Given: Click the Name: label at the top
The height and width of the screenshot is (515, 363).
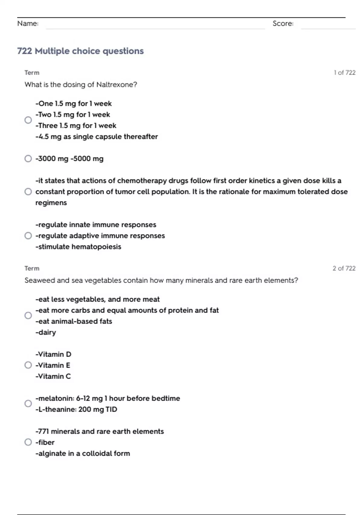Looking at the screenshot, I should tap(28, 24).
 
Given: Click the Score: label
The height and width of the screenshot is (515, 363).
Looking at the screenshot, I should tap(283, 24).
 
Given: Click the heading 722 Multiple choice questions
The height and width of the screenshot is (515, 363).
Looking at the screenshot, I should tap(80, 51).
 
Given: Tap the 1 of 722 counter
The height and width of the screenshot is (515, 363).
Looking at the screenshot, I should tap(345, 73).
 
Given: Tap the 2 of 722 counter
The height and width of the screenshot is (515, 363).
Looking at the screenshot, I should tap(344, 268).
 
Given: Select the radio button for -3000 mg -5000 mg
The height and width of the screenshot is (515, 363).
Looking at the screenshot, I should tap(28, 159).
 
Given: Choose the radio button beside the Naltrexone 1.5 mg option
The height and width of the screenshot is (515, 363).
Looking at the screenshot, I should tap(28, 120).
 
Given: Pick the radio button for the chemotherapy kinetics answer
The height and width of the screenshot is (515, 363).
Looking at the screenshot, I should tap(28, 192).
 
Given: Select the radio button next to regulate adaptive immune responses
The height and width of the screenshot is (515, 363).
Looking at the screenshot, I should tap(28, 236).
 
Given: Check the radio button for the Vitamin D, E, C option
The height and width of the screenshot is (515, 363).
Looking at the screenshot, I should tap(28, 365).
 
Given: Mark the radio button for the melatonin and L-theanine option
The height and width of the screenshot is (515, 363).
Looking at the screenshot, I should tap(28, 404).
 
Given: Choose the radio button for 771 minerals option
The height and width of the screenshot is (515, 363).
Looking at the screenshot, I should tap(28, 442).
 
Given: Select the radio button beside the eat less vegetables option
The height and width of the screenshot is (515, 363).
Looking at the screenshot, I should tap(28, 316).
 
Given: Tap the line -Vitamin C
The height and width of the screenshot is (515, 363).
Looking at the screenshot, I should tap(53, 376).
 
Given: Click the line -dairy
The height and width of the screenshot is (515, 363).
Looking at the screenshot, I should tap(46, 332).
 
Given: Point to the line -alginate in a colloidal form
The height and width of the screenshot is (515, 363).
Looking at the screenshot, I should tap(83, 454).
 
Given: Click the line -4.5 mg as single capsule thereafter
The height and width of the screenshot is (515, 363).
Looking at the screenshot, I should tap(96, 137).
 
